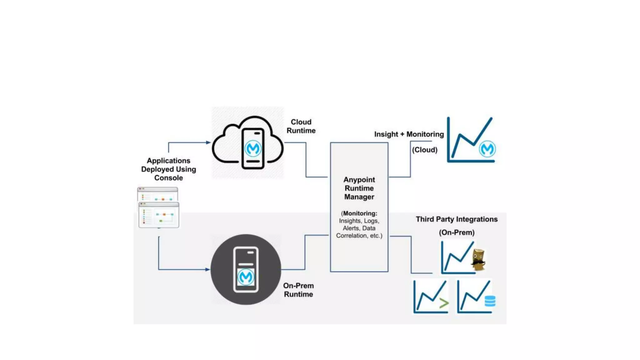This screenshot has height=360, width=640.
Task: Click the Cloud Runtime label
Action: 301,126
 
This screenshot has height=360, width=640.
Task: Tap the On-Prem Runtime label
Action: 298,290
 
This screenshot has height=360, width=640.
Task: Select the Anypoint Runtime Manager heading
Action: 359,188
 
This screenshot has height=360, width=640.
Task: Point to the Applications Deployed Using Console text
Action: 168,169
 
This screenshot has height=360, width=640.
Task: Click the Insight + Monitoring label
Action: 409,134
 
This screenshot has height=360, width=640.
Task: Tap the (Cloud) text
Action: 425,150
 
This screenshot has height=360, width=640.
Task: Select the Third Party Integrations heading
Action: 457,219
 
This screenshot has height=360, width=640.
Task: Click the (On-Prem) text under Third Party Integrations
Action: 457,232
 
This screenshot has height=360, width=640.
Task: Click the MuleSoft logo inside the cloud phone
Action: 253,148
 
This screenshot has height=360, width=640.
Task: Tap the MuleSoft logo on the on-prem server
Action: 246,277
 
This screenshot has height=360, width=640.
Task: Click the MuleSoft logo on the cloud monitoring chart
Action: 487,149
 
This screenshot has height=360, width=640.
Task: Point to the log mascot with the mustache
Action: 478,259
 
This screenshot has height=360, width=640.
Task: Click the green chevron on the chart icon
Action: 444,302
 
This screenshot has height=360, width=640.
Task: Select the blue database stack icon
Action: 490,301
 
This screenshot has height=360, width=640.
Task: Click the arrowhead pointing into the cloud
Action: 208,142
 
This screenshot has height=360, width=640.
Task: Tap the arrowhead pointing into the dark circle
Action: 207,269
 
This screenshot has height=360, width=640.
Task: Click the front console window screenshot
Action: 159,215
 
